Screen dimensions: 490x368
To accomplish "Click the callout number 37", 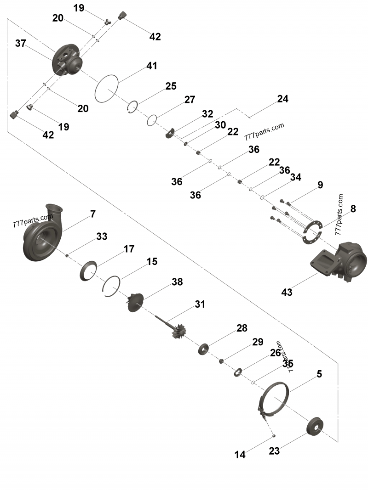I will point(20,43).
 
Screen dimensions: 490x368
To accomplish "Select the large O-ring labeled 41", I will point(106,88).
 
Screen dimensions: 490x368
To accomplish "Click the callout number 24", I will point(282,99).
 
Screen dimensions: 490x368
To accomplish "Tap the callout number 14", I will point(240,455).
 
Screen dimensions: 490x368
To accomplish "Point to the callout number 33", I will point(102,236).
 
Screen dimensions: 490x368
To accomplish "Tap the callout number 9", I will point(320,186).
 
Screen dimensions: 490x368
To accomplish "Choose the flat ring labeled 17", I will point(89,270).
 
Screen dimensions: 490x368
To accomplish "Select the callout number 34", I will point(296,177).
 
